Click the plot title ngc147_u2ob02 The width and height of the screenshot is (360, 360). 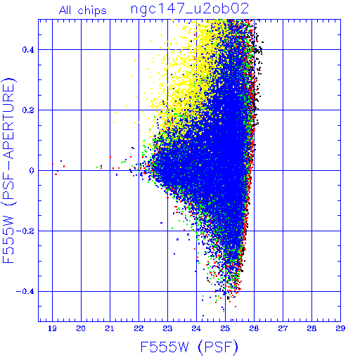pyautogui.click(x=190, y=9)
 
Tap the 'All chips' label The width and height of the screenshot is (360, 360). pyautogui.click(x=83, y=11)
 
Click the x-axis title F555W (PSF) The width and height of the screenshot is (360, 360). pyautogui.click(x=189, y=347)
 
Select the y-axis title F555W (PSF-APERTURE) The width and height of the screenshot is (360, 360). pyautogui.click(x=8, y=170)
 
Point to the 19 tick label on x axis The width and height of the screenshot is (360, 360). pyautogui.click(x=52, y=328)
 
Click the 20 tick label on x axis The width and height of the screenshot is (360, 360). pyautogui.click(x=81, y=328)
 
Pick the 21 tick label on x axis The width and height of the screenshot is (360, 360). pyautogui.click(x=110, y=328)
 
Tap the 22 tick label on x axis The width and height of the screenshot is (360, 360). pyautogui.click(x=139, y=328)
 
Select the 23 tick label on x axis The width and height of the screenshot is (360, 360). pyautogui.click(x=167, y=328)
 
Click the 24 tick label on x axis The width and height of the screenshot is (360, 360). pyautogui.click(x=196, y=328)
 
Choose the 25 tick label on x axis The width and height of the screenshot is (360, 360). pyautogui.click(x=225, y=328)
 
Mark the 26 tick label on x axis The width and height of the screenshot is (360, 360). pyautogui.click(x=254, y=328)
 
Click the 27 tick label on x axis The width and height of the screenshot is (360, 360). pyautogui.click(x=283, y=328)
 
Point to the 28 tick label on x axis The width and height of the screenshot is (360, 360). pyautogui.click(x=311, y=328)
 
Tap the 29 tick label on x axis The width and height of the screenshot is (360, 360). pyautogui.click(x=340, y=328)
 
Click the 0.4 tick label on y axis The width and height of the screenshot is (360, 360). pyautogui.click(x=28, y=50)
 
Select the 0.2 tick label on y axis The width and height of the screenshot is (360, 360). pyautogui.click(x=28, y=110)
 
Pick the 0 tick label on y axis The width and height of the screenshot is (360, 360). pyautogui.click(x=32, y=171)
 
